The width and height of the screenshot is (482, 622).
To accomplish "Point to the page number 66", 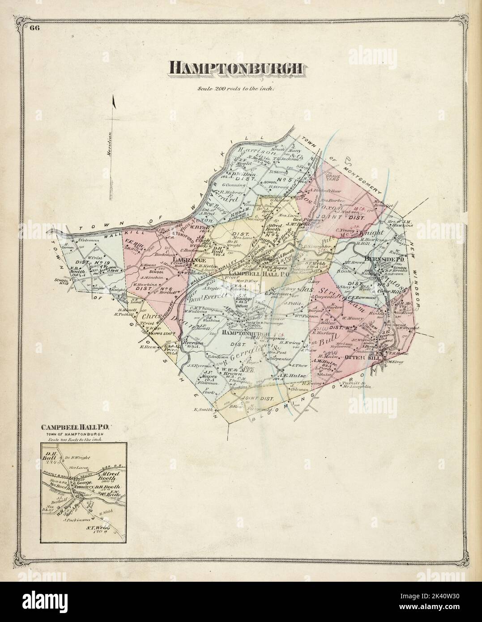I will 34,28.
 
